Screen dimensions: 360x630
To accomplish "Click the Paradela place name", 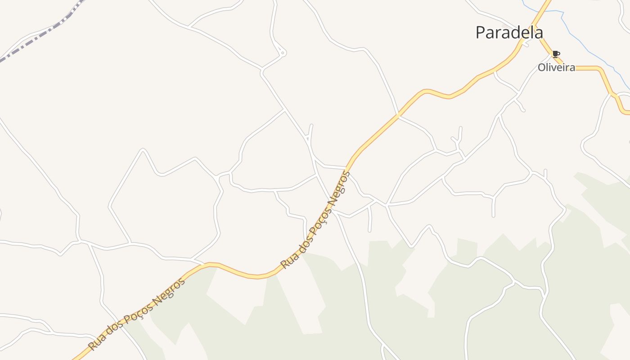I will point(509,32).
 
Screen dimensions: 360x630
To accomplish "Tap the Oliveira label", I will point(556,67).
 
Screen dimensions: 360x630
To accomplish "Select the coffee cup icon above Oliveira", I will point(556,54).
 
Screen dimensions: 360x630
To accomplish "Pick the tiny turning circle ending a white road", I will point(283,53).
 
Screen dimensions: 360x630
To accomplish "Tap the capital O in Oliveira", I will point(542,67).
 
